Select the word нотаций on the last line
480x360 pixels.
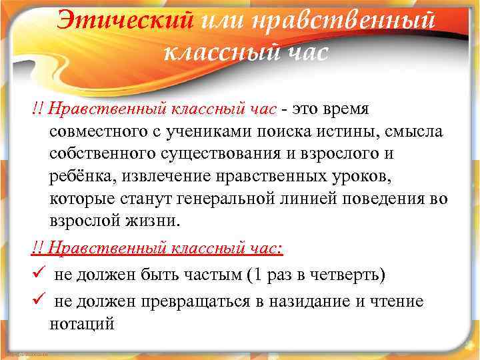pos(82,324)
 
